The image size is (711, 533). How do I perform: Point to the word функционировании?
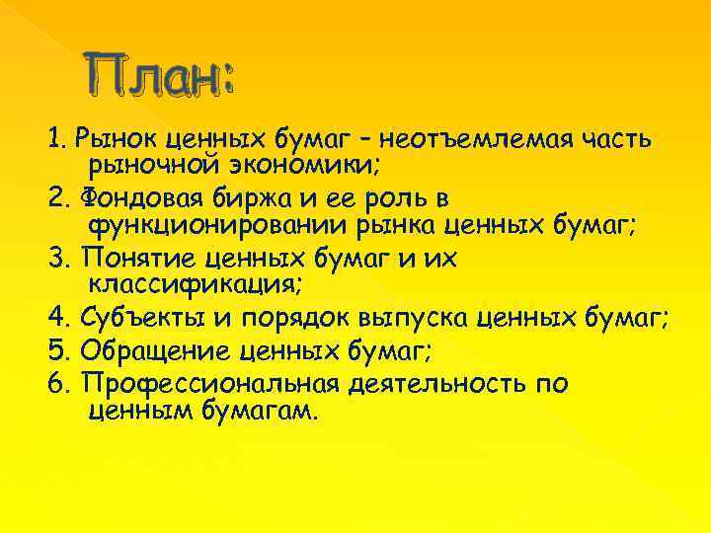pyautogui.click(x=210, y=224)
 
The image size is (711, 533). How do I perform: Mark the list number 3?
pyautogui.click(x=54, y=259)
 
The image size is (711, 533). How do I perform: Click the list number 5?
pyautogui.click(x=54, y=349)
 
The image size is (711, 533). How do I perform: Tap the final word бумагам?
pyautogui.click(x=261, y=408)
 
